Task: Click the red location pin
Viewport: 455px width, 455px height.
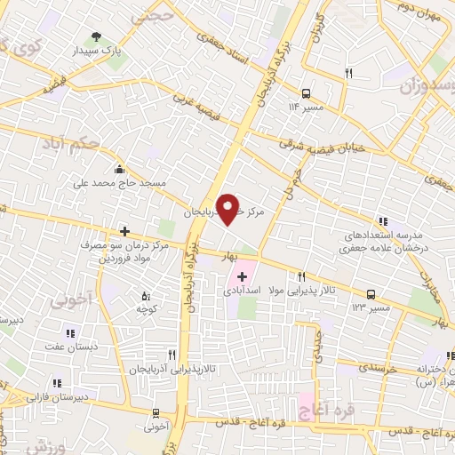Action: pos(229,208)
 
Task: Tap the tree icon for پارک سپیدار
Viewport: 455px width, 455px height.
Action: pos(95,37)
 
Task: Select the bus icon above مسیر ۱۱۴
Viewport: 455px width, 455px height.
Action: pos(306,92)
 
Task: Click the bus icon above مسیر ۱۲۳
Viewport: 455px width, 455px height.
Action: pos(370,293)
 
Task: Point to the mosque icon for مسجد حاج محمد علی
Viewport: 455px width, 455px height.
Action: pos(119,170)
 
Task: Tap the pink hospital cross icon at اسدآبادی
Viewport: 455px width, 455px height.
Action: pos(243,276)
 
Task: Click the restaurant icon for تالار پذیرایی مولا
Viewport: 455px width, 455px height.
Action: pos(301,276)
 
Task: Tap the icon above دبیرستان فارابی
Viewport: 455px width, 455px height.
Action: pos(58,383)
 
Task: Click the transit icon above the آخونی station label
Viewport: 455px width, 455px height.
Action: pos(156,413)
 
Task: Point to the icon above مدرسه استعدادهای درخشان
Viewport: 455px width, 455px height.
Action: pos(382,221)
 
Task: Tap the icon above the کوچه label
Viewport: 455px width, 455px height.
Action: pos(146,295)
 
